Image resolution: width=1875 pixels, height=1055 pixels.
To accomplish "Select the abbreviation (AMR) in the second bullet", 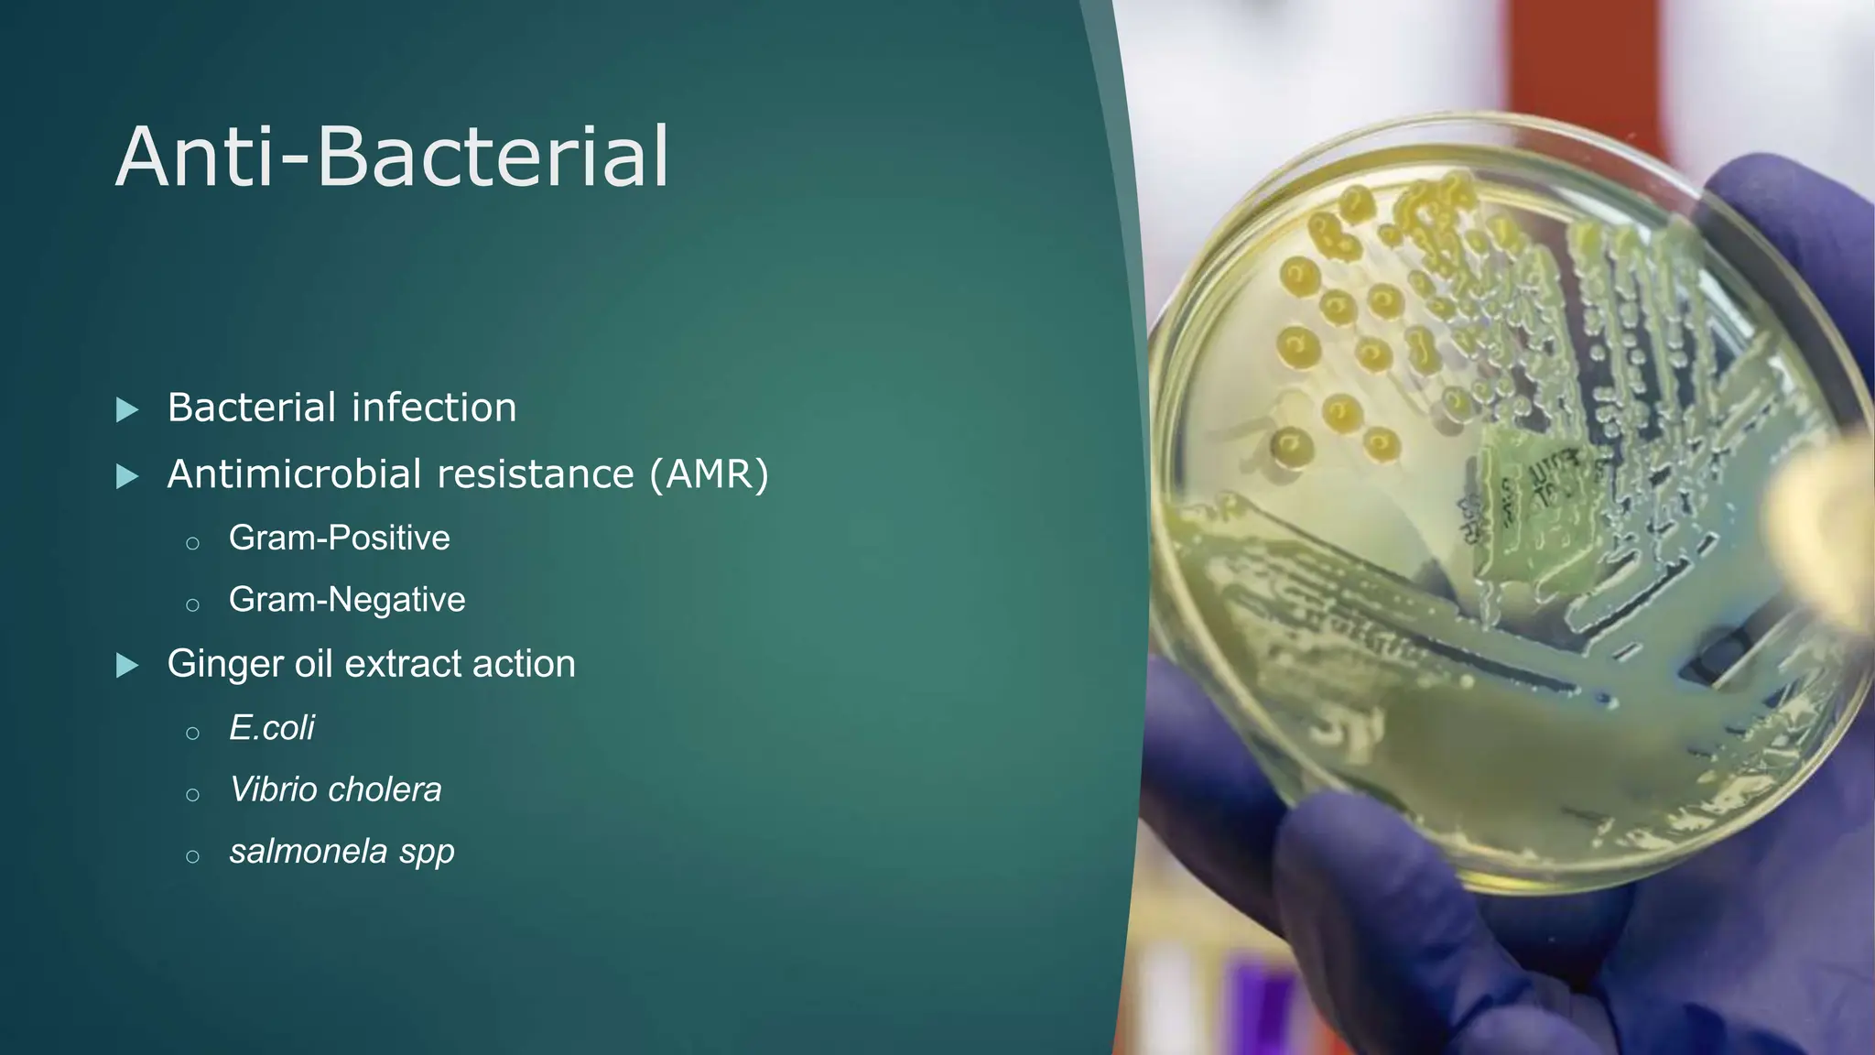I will (x=710, y=474).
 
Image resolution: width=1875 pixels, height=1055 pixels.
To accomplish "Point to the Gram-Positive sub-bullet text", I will (x=339, y=538).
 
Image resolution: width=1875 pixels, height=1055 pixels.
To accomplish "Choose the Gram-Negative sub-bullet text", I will (x=347, y=600).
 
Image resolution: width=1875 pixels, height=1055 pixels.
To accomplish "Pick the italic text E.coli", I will (x=271, y=728).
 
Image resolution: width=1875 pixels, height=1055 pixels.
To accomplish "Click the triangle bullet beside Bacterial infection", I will (x=128, y=409).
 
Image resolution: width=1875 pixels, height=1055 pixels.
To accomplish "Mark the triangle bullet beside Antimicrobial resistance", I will (x=128, y=476).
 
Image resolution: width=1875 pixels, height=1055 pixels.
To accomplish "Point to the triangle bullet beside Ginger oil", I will (x=128, y=666).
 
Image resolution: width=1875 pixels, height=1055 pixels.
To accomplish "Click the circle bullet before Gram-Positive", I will (x=192, y=543).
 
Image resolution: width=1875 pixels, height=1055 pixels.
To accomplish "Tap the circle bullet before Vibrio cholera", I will (x=192, y=795).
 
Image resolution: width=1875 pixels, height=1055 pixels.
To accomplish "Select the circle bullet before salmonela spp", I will (x=192, y=857).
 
